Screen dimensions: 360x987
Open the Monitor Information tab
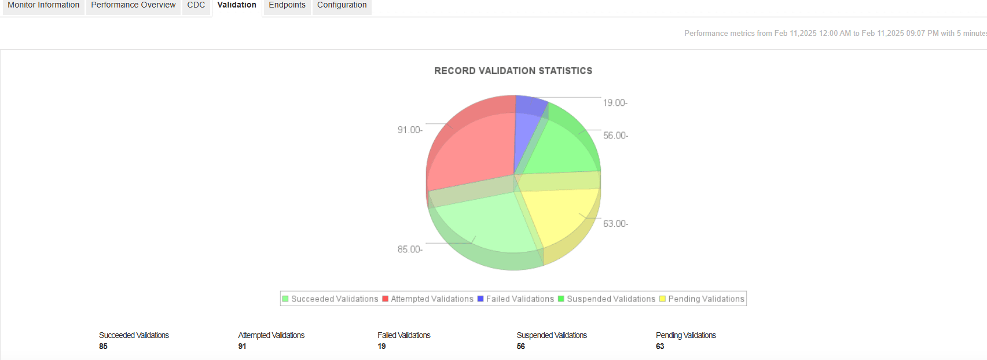(43, 5)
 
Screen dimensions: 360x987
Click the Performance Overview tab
(133, 5)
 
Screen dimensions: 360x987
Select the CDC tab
(196, 5)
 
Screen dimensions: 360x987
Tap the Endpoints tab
(287, 5)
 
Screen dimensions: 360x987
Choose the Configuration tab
(342, 5)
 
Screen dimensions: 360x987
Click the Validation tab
(237, 5)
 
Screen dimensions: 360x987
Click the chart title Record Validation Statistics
(513, 71)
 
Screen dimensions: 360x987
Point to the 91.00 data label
(409, 130)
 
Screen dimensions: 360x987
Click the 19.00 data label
(615, 103)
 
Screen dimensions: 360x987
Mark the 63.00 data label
(615, 224)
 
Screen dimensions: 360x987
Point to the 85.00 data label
(409, 249)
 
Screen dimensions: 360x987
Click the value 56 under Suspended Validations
(521, 346)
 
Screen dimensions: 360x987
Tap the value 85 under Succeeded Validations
(103, 346)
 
